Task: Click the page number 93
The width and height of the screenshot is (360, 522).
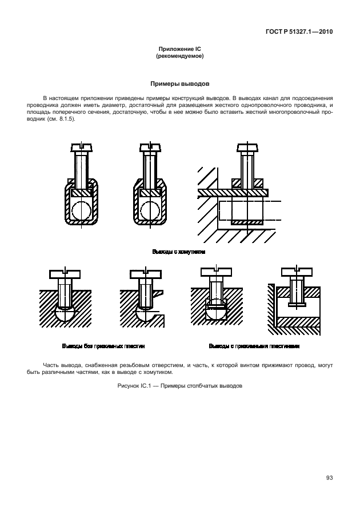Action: pyautogui.click(x=330, y=478)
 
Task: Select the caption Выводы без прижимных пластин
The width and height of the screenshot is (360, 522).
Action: pyautogui.click(x=103, y=346)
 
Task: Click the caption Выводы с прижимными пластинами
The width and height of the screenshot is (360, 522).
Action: pyautogui.click(x=254, y=346)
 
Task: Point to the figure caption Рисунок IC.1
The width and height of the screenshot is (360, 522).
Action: pyautogui.click(x=179, y=385)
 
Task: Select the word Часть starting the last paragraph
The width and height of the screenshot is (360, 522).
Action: pyautogui.click(x=52, y=364)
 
